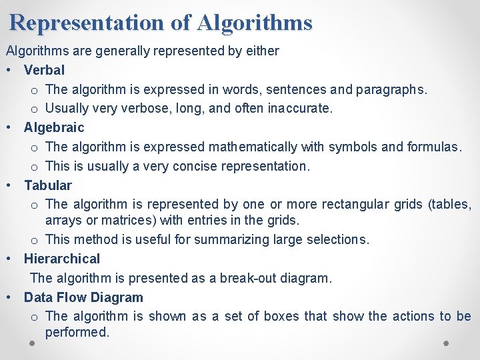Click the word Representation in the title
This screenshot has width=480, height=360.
(x=87, y=23)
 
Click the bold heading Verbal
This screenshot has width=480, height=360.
(x=44, y=70)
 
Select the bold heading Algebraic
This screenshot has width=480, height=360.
(x=54, y=127)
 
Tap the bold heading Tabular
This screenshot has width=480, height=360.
(x=47, y=185)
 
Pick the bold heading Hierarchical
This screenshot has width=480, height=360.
(x=61, y=259)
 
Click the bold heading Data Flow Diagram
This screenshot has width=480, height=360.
(x=83, y=297)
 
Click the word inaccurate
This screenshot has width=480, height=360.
(x=298, y=108)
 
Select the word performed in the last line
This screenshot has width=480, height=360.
(x=77, y=332)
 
